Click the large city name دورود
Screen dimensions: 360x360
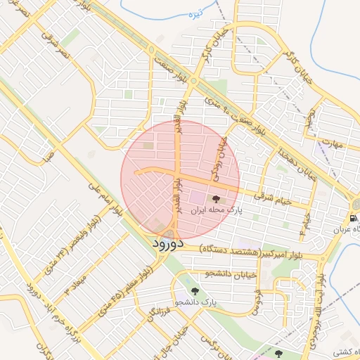click(x=167, y=244)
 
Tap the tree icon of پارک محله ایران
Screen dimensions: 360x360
click(x=215, y=200)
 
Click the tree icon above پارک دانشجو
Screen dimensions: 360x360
click(x=195, y=291)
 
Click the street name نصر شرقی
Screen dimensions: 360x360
click(x=54, y=45)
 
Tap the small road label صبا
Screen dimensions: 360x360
click(x=47, y=154)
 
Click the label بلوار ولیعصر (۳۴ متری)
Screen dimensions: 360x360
click(x=79, y=245)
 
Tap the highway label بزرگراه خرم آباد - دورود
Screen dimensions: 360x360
click(x=45, y=314)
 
